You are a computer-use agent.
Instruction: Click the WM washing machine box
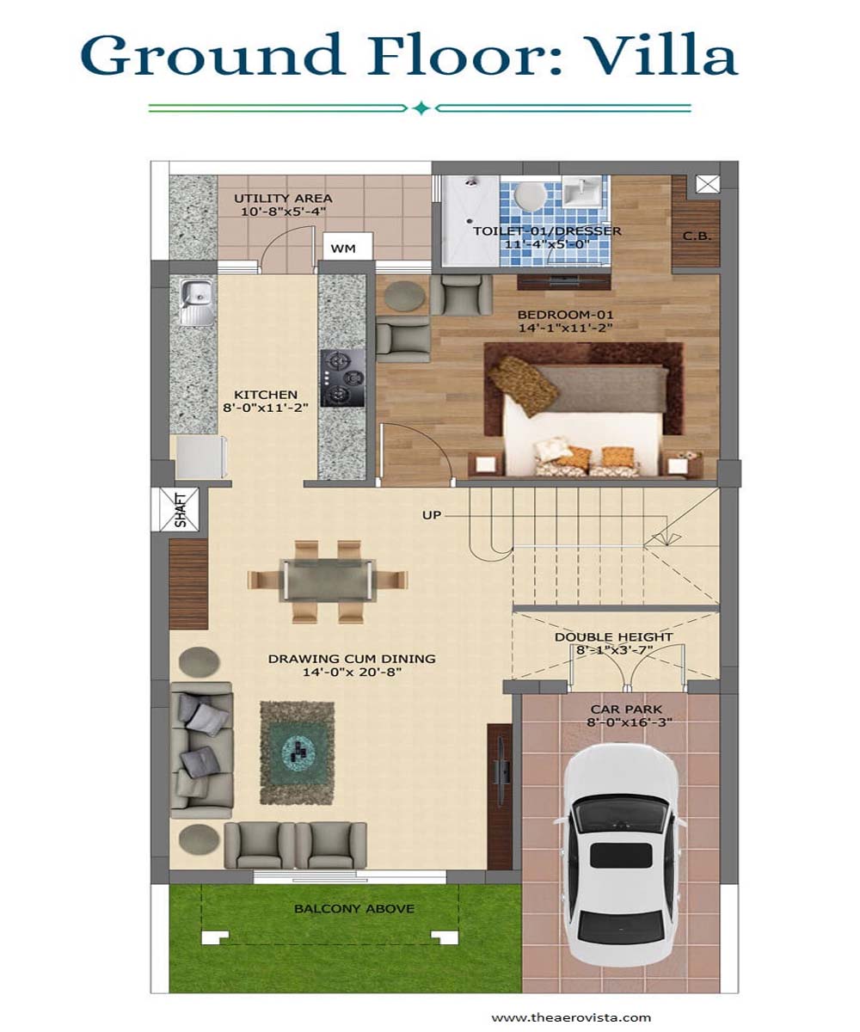pyautogui.click(x=347, y=246)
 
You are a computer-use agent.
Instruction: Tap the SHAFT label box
pyautogui.click(x=180, y=510)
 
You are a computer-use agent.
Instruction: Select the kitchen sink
pyautogui.click(x=196, y=302)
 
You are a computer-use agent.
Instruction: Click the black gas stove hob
pyautogui.click(x=342, y=378)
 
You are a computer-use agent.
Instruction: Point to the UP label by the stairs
pyautogui.click(x=432, y=515)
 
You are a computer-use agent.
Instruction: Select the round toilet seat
pyautogui.click(x=530, y=193)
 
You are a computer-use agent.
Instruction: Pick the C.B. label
pyautogui.click(x=697, y=236)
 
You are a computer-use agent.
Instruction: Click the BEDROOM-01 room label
pyautogui.click(x=565, y=315)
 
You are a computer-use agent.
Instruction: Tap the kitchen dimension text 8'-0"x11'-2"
pyautogui.click(x=266, y=408)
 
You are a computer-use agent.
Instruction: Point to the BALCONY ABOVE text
pyautogui.click(x=353, y=908)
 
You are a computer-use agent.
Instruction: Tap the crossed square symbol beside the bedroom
pyautogui.click(x=708, y=184)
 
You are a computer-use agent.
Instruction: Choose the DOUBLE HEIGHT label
pyautogui.click(x=613, y=636)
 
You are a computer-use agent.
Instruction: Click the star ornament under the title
pyautogui.click(x=421, y=107)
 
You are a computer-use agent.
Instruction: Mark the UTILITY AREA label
pyautogui.click(x=283, y=198)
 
